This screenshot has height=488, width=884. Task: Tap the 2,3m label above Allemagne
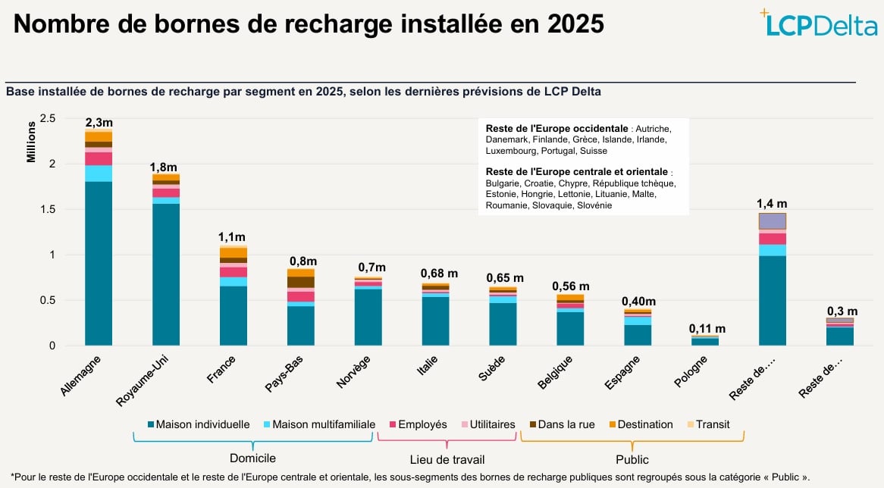[99, 122]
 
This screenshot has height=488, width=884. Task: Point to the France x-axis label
[221, 371]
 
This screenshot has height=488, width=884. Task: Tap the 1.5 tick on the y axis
[48, 209]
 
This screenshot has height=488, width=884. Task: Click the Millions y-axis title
[31, 144]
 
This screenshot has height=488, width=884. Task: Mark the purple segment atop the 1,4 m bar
[772, 221]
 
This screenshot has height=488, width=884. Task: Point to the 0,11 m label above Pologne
[707, 329]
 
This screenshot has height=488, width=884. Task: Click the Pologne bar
[705, 341]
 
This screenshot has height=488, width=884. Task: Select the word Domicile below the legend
[252, 458]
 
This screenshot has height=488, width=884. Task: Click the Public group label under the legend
[632, 459]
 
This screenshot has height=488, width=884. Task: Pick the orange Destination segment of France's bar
[234, 252]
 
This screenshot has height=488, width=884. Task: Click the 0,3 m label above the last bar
[842, 311]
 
